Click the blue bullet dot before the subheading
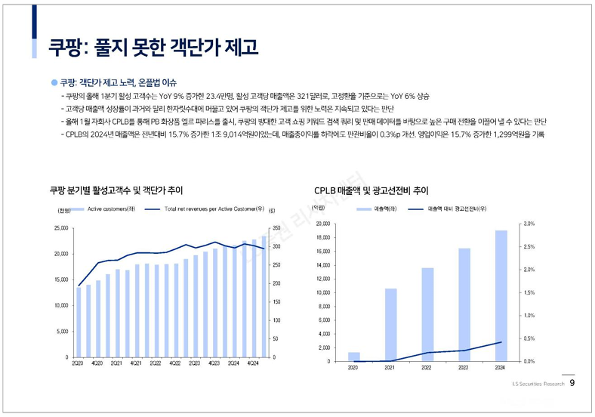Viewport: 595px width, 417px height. click(54, 82)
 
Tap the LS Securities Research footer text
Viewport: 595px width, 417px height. click(537, 385)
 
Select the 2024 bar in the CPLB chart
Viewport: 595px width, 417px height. click(501, 295)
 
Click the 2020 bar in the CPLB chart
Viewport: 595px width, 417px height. click(353, 357)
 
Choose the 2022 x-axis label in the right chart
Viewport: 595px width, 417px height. click(427, 368)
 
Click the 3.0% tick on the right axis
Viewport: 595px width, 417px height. click(529, 224)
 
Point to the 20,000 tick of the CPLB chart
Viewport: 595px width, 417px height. click(322, 224)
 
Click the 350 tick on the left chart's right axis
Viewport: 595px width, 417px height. click(276, 227)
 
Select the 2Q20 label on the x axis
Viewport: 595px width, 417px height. click(77, 363)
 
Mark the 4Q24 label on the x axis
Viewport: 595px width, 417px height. click(254, 363)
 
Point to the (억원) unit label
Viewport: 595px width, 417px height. click(318, 208)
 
